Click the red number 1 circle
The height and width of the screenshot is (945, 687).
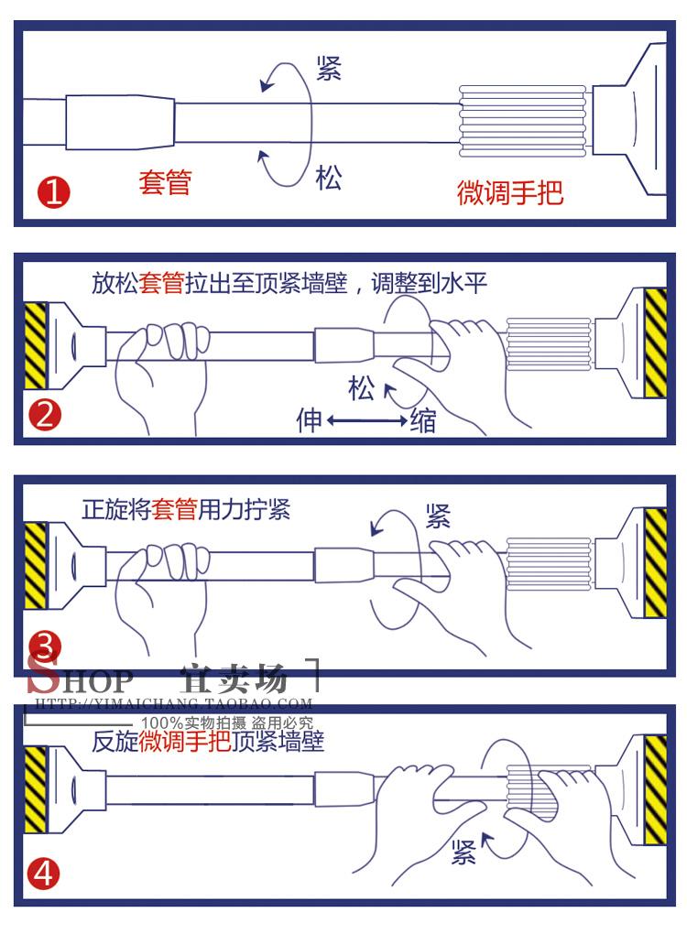pos(52,193)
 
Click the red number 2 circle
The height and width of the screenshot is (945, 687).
pos(45,416)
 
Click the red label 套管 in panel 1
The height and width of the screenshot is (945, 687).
pos(165,181)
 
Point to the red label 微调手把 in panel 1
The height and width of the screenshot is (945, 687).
pos(510,192)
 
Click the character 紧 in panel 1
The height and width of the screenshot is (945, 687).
pos(328,69)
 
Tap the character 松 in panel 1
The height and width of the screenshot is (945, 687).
pos(328,178)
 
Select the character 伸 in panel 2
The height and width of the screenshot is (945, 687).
pos(309,420)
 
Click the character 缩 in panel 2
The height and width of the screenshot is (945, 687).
pos(422,420)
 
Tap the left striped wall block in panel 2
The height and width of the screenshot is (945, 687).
pos(35,342)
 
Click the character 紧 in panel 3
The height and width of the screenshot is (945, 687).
pos(438,516)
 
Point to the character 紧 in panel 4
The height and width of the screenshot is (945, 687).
pos(463,853)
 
